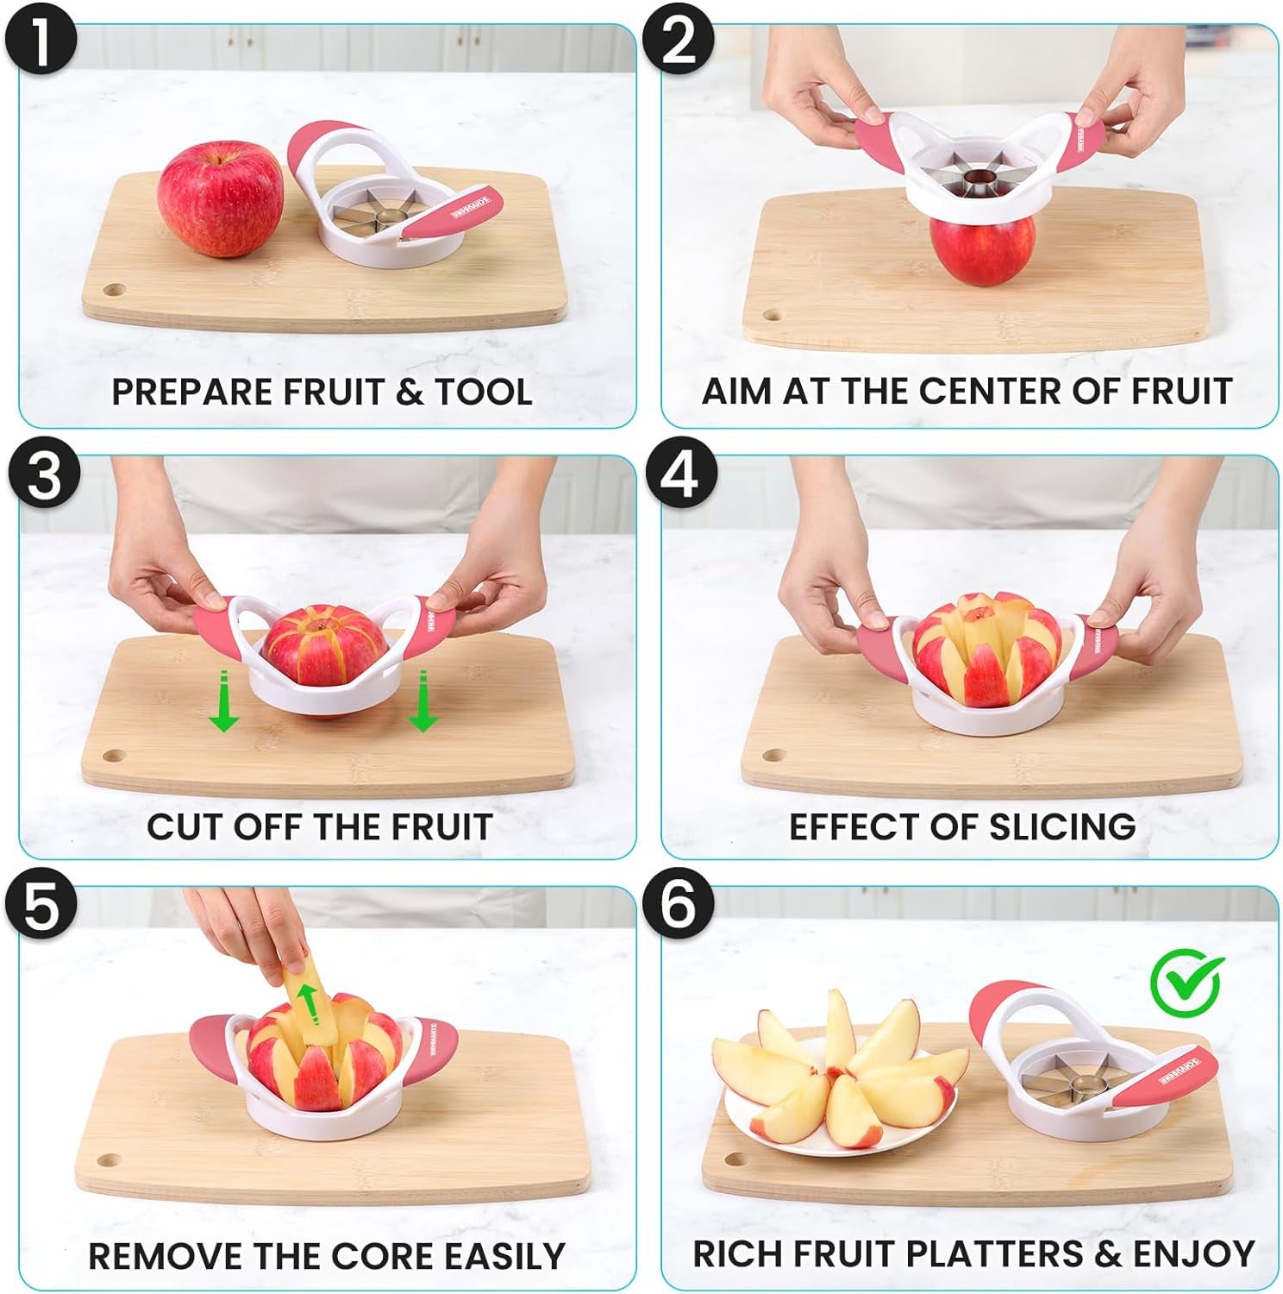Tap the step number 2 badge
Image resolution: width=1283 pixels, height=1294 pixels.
tap(680, 41)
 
